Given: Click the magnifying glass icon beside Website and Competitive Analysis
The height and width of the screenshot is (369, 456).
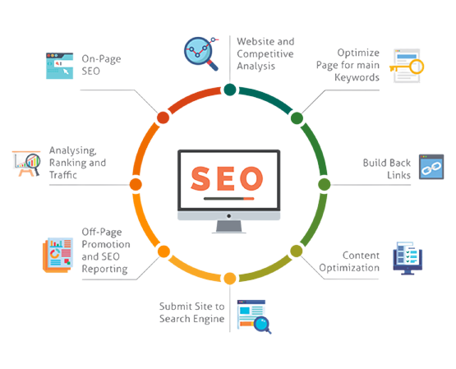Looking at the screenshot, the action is click(201, 53).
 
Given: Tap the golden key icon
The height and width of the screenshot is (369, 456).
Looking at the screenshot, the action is click(408, 67).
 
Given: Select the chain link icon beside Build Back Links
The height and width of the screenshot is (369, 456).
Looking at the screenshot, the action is click(431, 167).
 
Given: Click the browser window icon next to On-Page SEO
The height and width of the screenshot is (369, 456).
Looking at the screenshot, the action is click(60, 66).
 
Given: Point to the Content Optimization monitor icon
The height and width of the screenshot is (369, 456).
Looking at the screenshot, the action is click(408, 258).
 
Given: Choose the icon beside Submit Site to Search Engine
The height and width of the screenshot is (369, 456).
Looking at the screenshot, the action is click(254, 316).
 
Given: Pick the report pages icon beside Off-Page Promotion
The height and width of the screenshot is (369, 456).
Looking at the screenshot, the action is click(58, 255).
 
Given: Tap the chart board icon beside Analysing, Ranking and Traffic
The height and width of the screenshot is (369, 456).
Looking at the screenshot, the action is click(26, 164).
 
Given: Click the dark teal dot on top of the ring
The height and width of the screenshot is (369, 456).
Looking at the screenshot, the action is click(230, 90).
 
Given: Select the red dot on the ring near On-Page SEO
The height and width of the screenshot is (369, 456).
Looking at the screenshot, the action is click(163, 118).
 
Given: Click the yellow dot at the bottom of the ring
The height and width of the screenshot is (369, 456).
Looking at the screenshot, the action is click(230, 279).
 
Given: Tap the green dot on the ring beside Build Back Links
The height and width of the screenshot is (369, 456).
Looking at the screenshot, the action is click(325, 184).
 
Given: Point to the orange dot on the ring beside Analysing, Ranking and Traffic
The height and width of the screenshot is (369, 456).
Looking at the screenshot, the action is click(136, 184).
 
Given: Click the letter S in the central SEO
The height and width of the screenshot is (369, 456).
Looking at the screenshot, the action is click(200, 178).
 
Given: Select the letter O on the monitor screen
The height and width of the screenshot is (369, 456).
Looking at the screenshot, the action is click(251, 178).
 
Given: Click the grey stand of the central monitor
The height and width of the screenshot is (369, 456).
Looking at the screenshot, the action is click(229, 227).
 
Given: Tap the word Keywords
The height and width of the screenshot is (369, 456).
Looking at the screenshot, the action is click(357, 77).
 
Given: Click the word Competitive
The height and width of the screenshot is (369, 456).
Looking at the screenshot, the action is click(265, 54).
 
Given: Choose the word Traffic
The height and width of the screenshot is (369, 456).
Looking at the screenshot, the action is click(63, 175).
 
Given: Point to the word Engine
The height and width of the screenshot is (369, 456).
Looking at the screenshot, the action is click(208, 319).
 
